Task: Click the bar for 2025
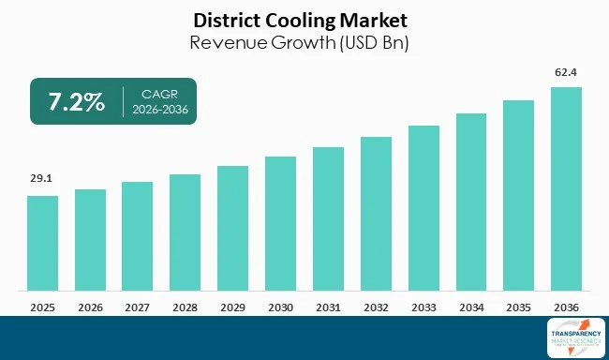click(x=42, y=243)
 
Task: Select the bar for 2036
click(x=566, y=188)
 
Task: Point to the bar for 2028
click(x=185, y=232)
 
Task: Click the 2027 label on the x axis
click(x=138, y=306)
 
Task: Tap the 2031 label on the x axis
click(x=328, y=306)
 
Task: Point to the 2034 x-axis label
click(x=471, y=306)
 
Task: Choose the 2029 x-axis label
click(x=232, y=306)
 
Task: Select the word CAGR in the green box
click(x=158, y=94)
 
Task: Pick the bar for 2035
click(x=518, y=195)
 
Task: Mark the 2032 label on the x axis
click(x=376, y=306)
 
